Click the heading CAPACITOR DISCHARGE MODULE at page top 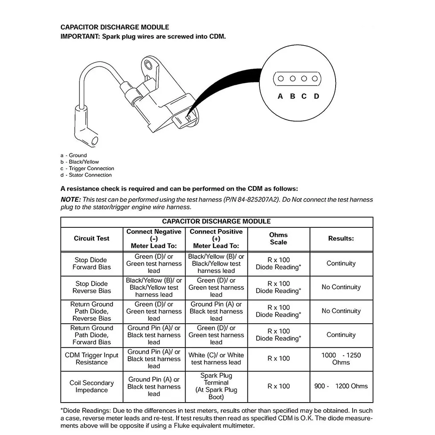(115, 27)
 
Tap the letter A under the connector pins (280, 96)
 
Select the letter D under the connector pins (316, 96)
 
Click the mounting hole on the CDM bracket (148, 65)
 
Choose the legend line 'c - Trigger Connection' (87, 168)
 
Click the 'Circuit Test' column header (91, 239)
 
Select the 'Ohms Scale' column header (278, 239)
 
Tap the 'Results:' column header (341, 239)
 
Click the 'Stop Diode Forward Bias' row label (91, 264)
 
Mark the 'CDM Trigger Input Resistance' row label (91, 359)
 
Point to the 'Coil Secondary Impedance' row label (91, 386)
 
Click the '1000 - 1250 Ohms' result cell (341, 359)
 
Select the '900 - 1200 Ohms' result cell (341, 386)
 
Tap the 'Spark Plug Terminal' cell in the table (216, 386)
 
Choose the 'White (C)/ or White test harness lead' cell (216, 359)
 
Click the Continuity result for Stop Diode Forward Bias (341, 264)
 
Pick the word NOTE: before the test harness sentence (70, 200)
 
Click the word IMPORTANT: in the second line (80, 37)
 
